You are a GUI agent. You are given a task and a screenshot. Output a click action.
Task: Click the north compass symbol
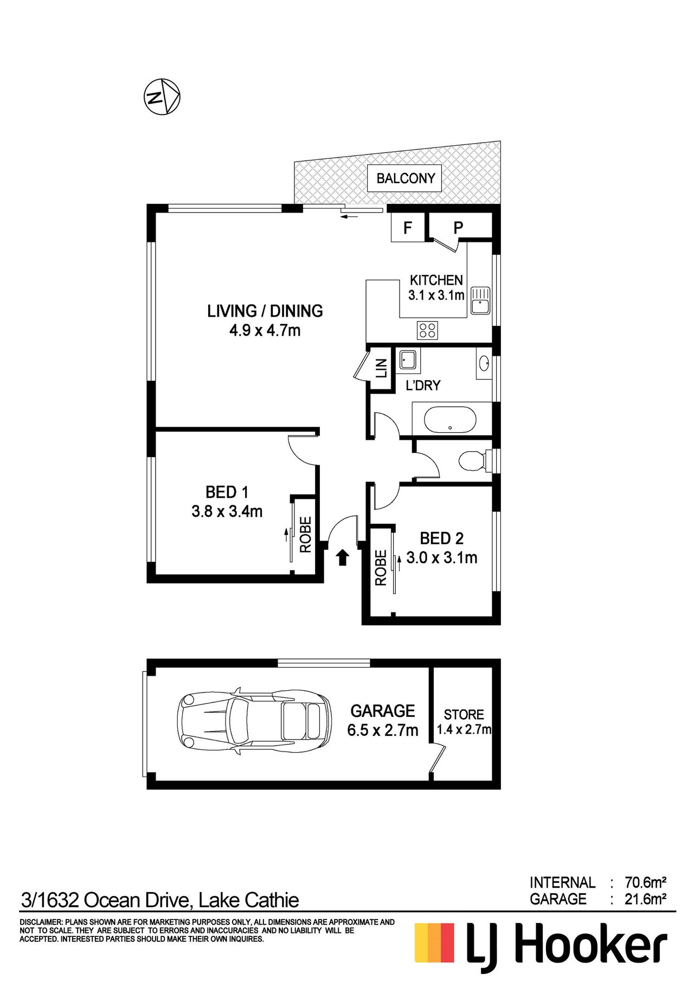coord(162,97)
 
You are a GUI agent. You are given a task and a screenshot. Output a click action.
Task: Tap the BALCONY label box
coord(405,178)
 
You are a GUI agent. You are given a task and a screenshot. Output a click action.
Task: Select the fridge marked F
coord(407,227)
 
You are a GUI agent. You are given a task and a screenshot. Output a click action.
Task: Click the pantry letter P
coord(458,228)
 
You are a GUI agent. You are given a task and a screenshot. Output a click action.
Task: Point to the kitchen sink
coord(480,300)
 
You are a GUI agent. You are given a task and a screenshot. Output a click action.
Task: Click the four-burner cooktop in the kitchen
coord(427,330)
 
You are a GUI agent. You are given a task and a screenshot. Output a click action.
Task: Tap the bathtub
coord(450,420)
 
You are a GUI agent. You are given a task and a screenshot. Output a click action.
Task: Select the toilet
coord(475,461)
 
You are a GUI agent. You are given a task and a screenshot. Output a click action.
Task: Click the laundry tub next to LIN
coord(407,360)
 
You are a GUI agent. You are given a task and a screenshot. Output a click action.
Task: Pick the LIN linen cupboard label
coord(382,368)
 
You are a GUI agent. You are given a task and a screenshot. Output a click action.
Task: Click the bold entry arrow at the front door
coord(342,557)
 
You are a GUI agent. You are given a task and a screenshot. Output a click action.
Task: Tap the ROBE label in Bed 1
coord(306,534)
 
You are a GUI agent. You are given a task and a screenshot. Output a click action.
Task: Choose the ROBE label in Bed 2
coord(381,568)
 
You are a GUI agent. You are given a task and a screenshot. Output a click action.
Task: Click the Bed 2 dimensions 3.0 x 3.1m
coord(442,557)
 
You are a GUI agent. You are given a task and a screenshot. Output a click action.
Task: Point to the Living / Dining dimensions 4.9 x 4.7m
coord(265,330)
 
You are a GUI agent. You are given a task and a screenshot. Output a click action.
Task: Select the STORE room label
coord(464,714)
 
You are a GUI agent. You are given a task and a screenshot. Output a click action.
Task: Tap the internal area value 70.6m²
coord(645,882)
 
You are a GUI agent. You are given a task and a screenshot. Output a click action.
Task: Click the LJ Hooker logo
coord(541,946)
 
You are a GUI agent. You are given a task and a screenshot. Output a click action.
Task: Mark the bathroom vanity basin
coord(484,364)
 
